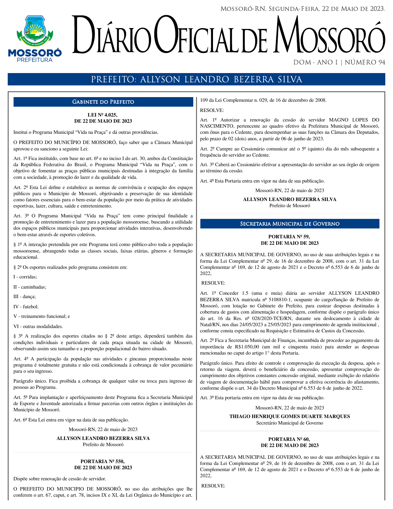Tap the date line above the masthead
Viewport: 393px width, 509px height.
coord(303,9)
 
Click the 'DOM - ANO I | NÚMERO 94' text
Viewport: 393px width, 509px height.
coord(339,63)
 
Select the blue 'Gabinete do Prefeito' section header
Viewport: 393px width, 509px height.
coord(103,102)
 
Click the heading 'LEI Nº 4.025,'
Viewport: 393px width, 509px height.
coord(103,115)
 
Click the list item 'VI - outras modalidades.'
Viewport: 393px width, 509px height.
coord(38,326)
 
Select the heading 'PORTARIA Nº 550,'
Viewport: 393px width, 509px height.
coord(103,461)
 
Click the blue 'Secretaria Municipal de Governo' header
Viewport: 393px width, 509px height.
coord(290,224)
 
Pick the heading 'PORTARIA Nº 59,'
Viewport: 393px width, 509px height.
coord(289,237)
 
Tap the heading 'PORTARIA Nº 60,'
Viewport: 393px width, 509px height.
coord(289,439)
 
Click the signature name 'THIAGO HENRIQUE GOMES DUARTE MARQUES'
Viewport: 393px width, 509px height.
coord(289,417)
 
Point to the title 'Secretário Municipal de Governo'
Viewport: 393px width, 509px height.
coord(289,423)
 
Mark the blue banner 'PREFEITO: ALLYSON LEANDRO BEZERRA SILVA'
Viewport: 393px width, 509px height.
coord(196,80)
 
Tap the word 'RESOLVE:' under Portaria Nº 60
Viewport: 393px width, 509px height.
coord(213,486)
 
